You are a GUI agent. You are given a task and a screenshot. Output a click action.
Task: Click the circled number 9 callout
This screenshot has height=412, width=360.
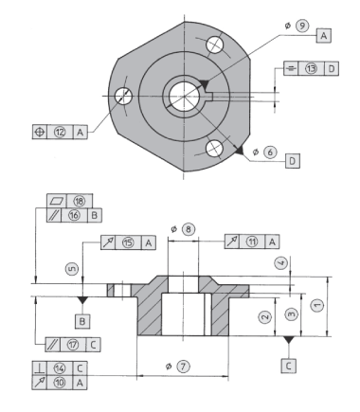click(302, 26)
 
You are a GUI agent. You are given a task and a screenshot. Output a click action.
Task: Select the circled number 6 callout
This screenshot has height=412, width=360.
click(270, 152)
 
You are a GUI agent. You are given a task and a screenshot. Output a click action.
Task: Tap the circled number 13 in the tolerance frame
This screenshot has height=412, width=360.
click(312, 68)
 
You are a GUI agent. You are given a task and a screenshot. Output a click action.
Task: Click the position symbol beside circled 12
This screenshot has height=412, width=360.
click(40, 132)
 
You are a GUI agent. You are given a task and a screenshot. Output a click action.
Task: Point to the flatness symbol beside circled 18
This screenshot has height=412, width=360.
click(57, 201)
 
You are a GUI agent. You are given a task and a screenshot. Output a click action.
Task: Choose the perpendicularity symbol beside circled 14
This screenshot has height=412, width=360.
click(39, 368)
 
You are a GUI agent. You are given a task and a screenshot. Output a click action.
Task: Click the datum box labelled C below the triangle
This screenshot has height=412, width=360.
click(288, 366)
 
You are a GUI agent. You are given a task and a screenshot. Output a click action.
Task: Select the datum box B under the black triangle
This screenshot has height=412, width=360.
click(82, 321)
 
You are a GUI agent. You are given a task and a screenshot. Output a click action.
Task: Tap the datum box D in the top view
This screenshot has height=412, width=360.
click(293, 161)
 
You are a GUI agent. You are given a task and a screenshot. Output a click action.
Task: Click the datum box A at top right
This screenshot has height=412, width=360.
click(324, 36)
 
